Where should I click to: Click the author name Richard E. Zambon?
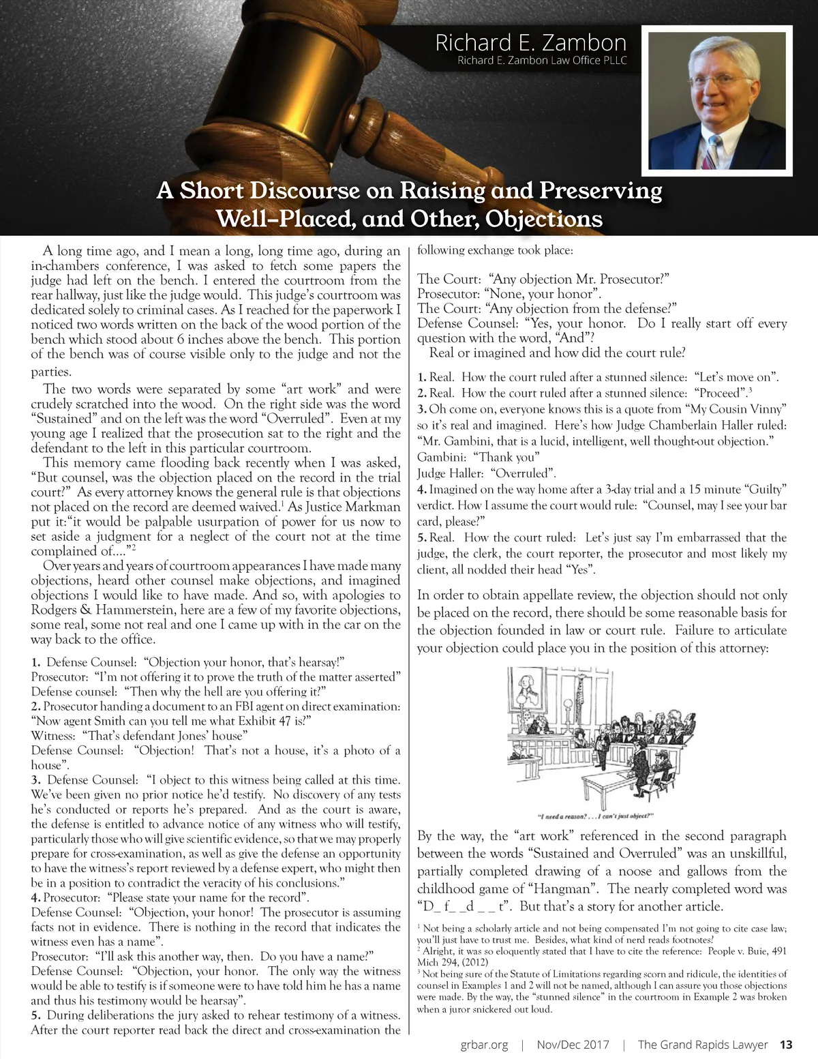point(530,43)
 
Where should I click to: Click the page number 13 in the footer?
point(786,1045)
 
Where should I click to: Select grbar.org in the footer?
point(484,1045)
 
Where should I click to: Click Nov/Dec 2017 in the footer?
point(579,1045)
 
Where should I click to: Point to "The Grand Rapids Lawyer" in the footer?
point(703,1045)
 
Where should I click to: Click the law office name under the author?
point(542,61)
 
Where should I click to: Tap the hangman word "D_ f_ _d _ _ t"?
point(464,907)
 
